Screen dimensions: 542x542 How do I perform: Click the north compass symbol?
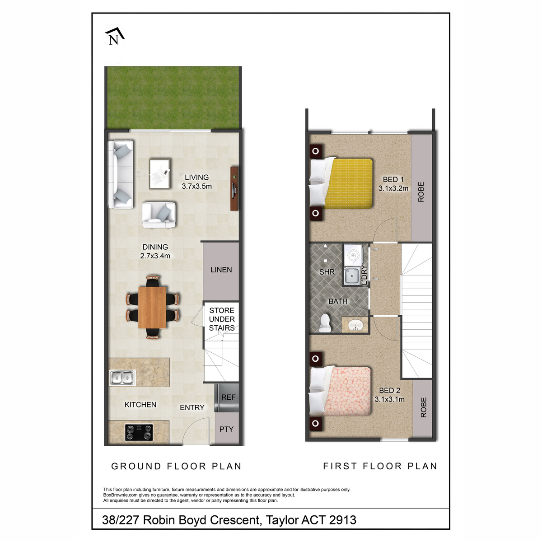point(115,36)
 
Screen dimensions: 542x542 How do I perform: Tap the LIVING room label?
point(196,177)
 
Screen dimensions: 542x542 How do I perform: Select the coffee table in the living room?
point(160,174)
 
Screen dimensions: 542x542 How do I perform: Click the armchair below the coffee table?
point(159,215)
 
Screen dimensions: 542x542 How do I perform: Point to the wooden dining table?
point(152,307)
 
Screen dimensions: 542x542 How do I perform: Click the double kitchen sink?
point(122,378)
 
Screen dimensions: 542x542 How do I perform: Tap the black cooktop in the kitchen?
point(139,433)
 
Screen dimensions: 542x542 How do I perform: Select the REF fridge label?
point(228,397)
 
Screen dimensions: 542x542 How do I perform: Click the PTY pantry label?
point(226,429)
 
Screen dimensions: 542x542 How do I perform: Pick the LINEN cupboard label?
point(221,270)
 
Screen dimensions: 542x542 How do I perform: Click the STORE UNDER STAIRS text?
point(222,319)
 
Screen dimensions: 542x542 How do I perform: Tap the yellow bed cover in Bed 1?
point(349,183)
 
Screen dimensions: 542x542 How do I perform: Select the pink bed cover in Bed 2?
point(347,391)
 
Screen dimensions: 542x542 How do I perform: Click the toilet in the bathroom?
point(325,323)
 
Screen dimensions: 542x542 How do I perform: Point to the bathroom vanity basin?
point(355,325)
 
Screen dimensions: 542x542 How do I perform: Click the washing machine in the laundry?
point(352,255)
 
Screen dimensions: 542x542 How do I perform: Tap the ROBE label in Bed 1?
point(421,192)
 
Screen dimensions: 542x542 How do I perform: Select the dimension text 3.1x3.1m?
point(389,399)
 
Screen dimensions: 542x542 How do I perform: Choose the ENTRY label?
point(192,407)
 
